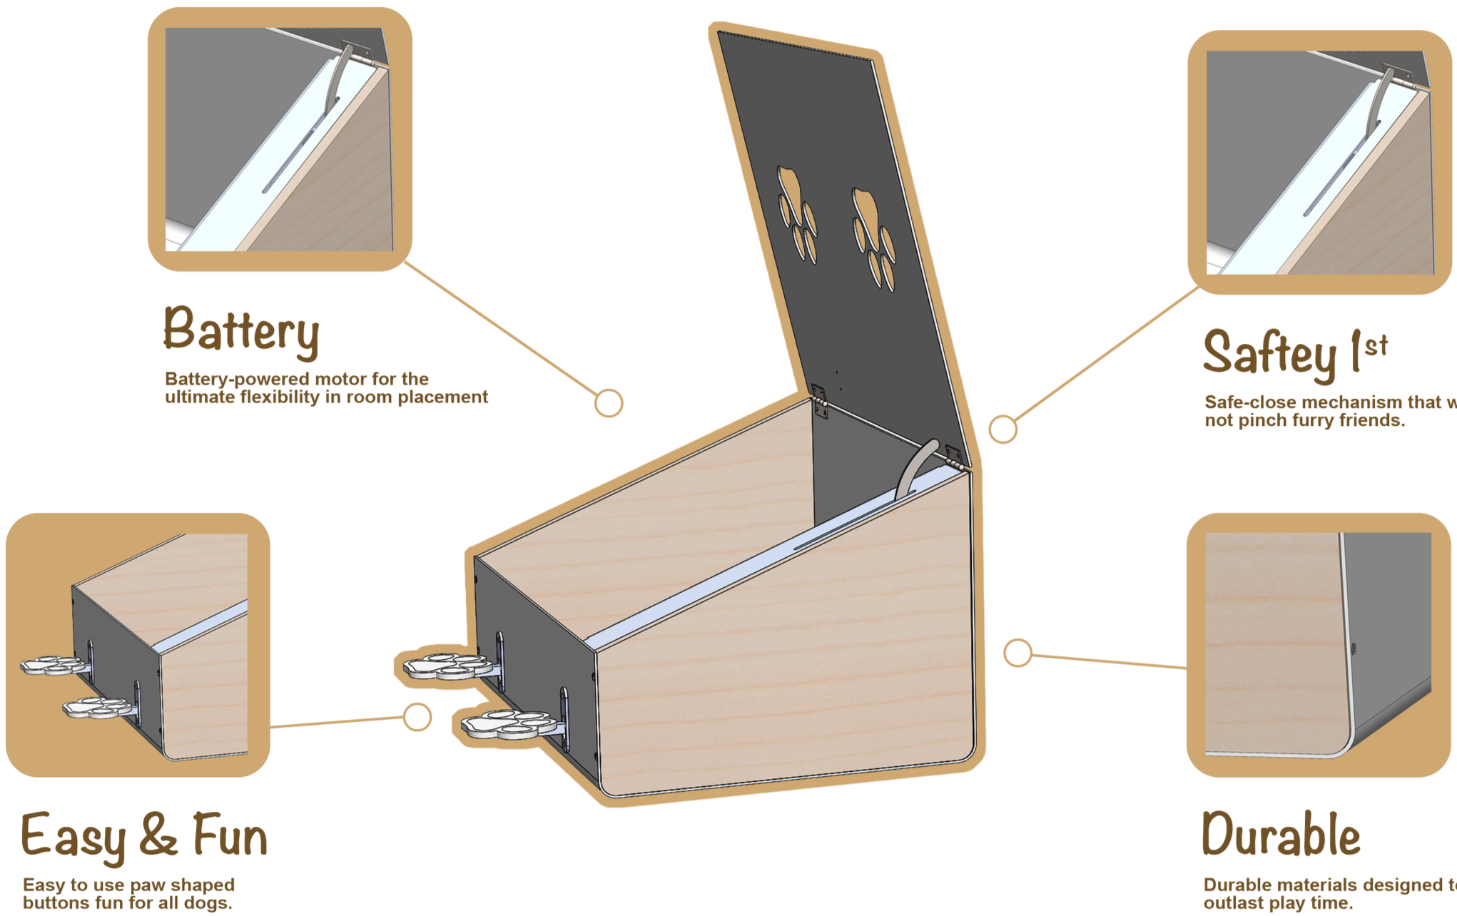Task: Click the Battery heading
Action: tap(241, 330)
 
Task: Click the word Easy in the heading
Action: tap(73, 836)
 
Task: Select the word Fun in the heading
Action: tap(230, 836)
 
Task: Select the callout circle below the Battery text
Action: tap(609, 403)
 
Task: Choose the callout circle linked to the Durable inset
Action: tap(1017, 653)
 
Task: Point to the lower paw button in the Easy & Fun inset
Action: tap(96, 708)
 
